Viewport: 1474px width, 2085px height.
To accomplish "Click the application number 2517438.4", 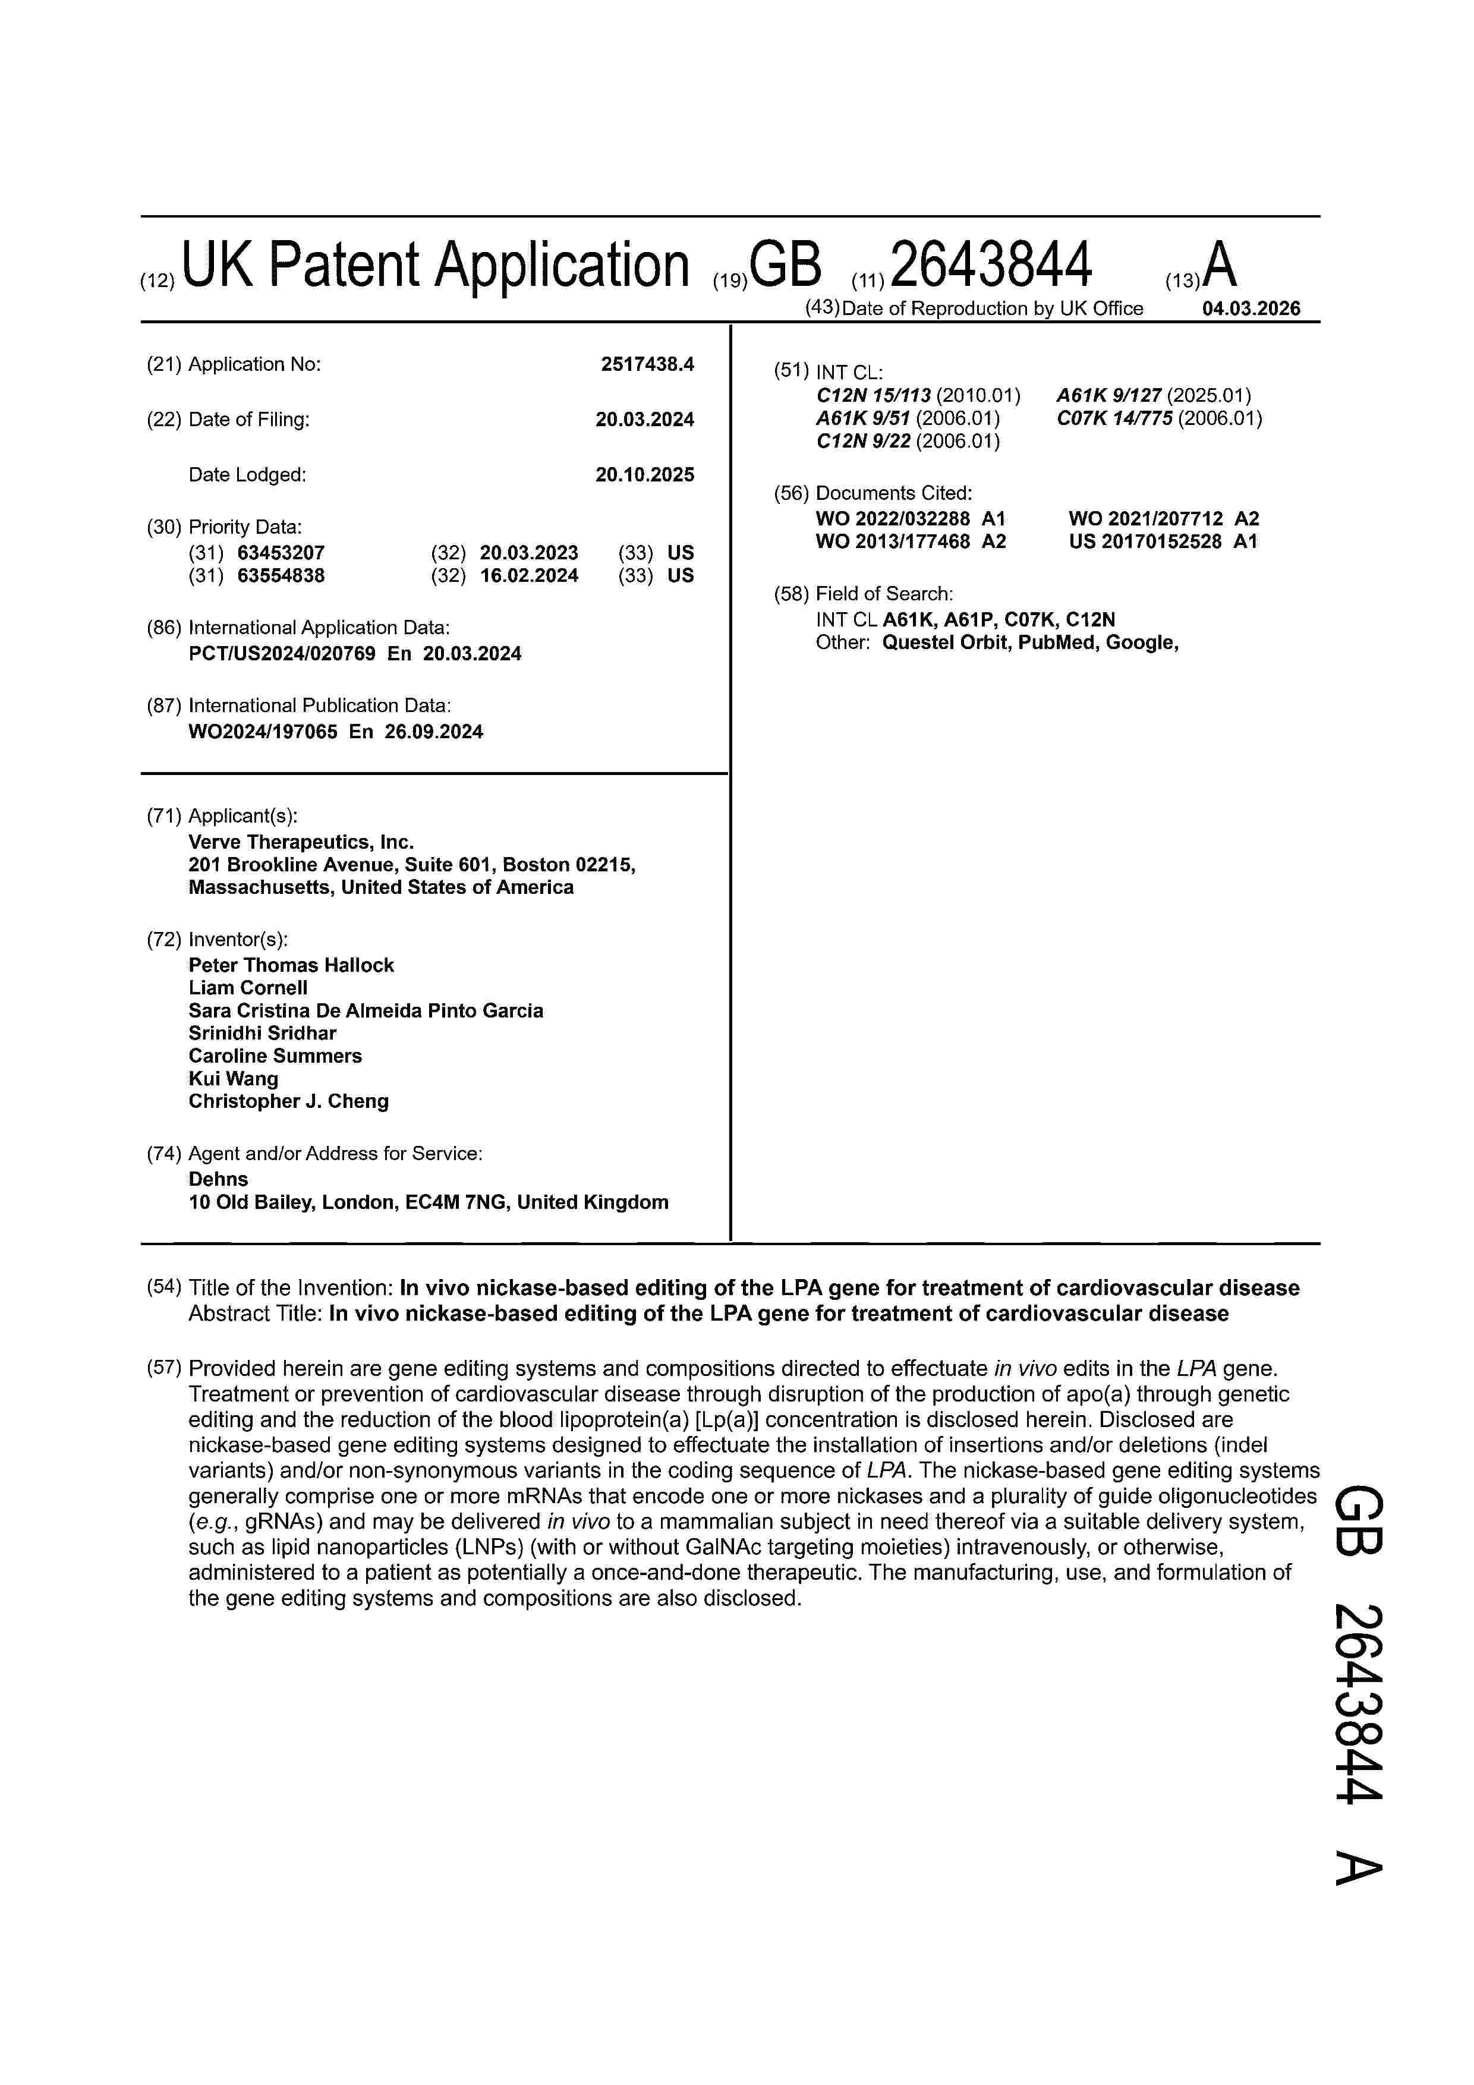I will [x=647, y=364].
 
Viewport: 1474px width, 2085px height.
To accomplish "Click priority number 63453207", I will [x=281, y=553].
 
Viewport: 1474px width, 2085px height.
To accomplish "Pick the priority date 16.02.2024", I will [x=528, y=576].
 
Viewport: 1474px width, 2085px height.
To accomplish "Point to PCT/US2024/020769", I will [x=282, y=654].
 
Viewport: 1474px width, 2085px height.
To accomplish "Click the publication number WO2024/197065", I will [x=263, y=732].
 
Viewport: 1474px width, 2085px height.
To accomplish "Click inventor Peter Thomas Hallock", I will [x=291, y=965].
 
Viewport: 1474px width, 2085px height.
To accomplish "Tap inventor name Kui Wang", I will [x=234, y=1079].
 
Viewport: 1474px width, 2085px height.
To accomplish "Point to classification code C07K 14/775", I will [x=1114, y=418].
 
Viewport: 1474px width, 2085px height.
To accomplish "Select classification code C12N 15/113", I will [x=874, y=396].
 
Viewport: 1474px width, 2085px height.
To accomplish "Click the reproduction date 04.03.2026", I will [x=1251, y=308].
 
